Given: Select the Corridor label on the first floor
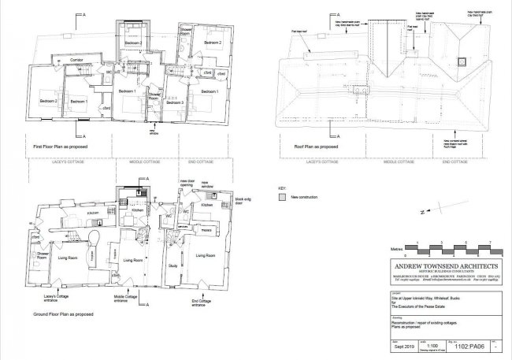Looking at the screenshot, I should click(74, 58).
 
